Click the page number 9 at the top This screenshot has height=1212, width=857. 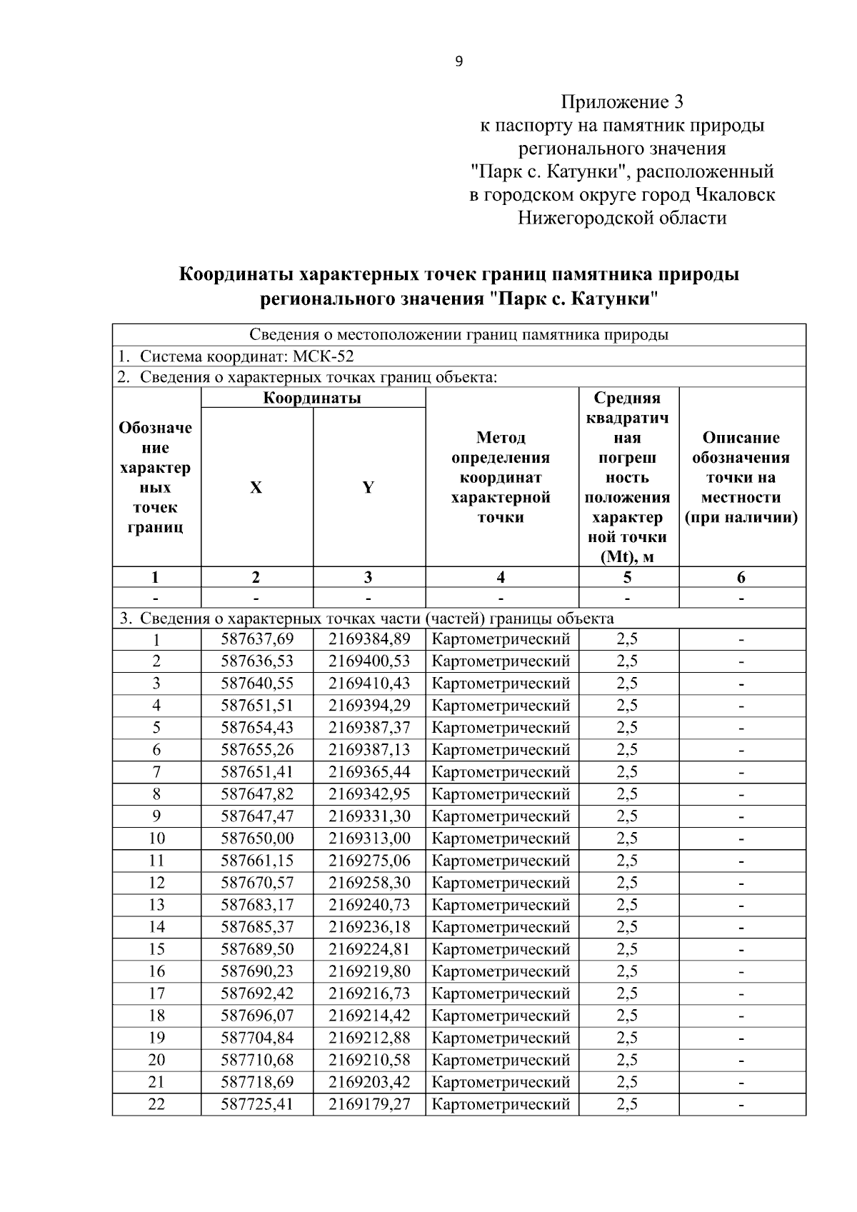tap(458, 61)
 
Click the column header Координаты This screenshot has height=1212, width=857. tap(313, 398)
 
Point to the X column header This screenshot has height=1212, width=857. tap(256, 488)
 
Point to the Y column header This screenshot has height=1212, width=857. tap(369, 488)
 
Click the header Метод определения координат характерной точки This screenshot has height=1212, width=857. tap(501, 477)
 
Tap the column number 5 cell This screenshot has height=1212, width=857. tap(627, 577)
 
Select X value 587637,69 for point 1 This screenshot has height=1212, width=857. tap(257, 639)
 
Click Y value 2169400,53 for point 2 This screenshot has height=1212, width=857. tap(369, 661)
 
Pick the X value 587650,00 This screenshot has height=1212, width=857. tap(257, 838)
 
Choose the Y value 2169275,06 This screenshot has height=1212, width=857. tap(369, 861)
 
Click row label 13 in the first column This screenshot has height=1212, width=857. tap(156, 905)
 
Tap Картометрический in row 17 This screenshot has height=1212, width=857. tap(501, 993)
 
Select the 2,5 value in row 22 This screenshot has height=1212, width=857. tap(627, 1104)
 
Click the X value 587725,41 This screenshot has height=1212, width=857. tap(257, 1104)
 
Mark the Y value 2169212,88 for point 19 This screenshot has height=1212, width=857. tap(369, 1038)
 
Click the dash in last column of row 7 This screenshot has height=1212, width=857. tap(741, 772)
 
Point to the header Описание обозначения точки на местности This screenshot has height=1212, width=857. tap(741, 477)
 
